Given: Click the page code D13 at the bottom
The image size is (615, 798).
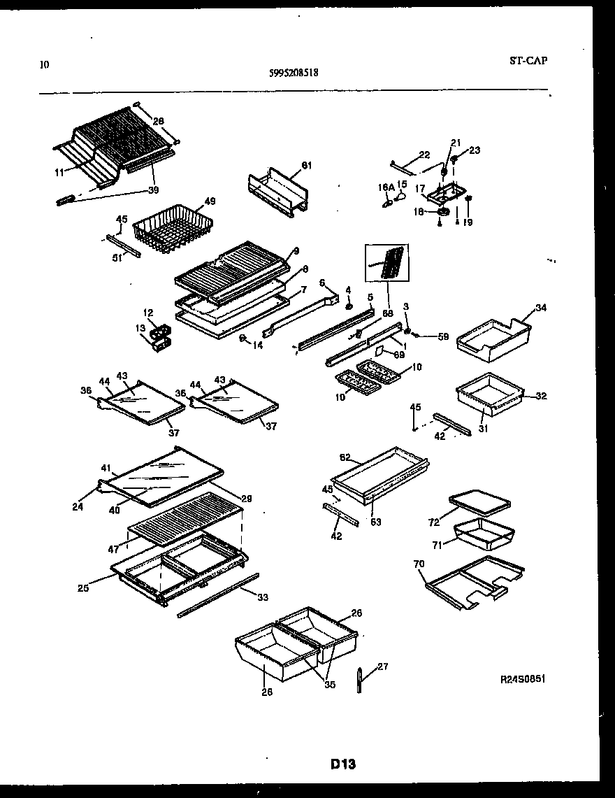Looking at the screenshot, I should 343,764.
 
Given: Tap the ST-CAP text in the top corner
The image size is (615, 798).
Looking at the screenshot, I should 528,60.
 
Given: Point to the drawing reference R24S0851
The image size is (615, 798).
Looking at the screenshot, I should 522,679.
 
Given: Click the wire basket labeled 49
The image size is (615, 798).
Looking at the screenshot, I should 170,225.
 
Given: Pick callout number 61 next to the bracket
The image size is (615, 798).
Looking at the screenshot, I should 306,165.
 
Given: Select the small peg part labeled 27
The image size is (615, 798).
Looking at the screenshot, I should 359,679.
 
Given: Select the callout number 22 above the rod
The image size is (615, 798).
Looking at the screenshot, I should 424,155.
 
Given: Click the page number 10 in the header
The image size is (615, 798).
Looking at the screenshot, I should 45,65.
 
